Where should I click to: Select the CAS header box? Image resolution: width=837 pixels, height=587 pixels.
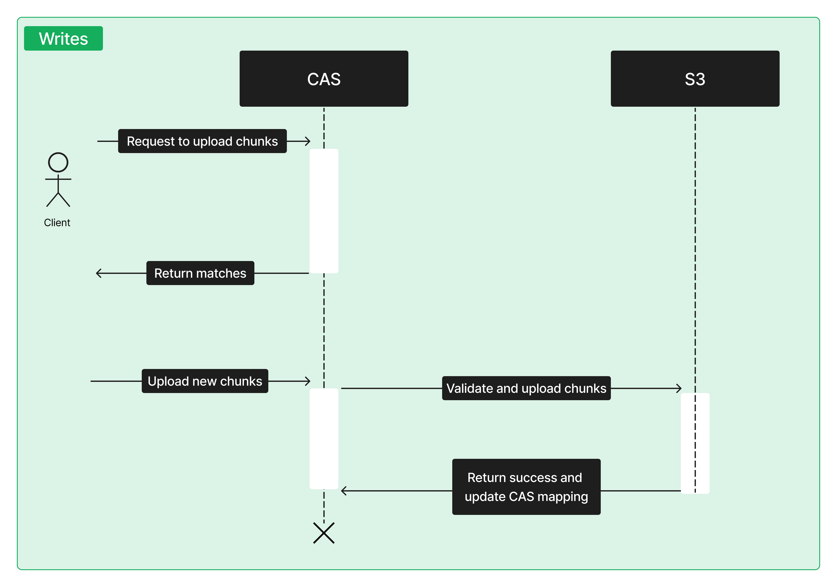324,79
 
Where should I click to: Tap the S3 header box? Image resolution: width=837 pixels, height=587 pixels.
695,79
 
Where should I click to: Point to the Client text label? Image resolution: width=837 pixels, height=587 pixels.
57,223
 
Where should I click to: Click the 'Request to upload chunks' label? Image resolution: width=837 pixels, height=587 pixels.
202,141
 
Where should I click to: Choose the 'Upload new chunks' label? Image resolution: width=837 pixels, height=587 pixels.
205,381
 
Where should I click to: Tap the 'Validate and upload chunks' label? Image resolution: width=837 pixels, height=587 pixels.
526,388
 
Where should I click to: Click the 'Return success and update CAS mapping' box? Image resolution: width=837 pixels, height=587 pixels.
526,487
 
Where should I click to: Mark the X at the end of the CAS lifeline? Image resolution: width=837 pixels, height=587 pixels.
324,533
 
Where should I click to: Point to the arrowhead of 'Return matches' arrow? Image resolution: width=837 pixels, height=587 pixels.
99,273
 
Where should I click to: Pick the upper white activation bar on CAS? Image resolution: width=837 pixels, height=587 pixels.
324,211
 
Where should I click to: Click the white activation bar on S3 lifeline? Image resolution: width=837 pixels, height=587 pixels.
695,443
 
